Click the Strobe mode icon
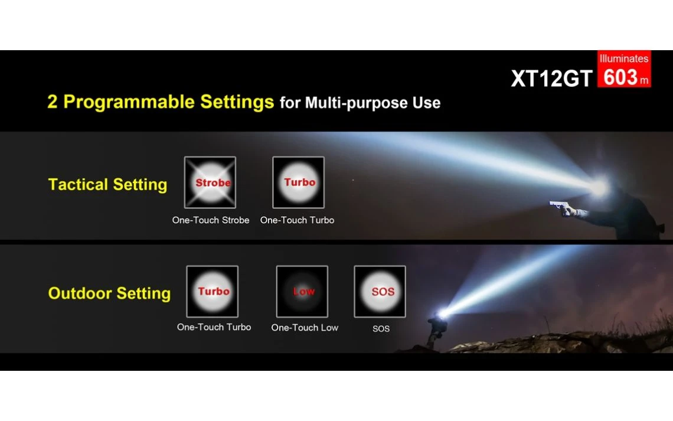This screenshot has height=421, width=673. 210,182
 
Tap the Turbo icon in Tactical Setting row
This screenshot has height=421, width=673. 298,182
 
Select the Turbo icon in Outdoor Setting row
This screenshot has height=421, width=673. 212,292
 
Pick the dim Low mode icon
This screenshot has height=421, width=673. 302,292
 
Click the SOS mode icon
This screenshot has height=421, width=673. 380,292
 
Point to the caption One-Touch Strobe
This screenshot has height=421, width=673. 211,220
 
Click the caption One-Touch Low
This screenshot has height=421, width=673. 305,328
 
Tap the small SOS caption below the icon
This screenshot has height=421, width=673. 381,329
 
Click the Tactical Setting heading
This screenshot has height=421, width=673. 107,185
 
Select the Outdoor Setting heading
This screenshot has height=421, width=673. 109,293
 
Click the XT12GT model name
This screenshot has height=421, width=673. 551,79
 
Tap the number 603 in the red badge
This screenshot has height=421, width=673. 620,77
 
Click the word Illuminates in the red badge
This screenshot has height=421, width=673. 624,59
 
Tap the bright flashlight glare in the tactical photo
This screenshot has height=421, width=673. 599,187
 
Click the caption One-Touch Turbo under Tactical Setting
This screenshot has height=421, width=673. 297,220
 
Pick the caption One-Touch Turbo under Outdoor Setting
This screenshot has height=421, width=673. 214,327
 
